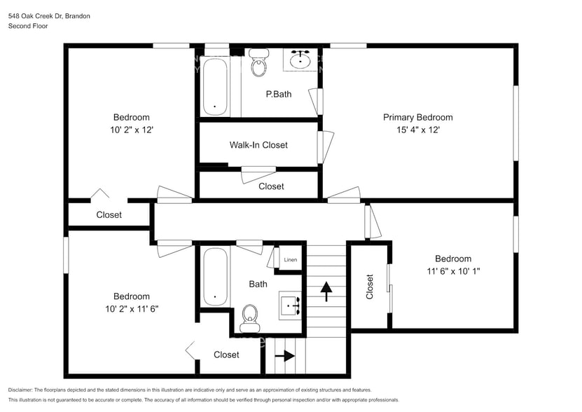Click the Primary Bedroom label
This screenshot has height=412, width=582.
[417, 117]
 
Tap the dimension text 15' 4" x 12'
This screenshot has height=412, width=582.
[417, 130]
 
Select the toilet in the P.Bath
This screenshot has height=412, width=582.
[258, 64]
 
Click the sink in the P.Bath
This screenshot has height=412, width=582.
[302, 60]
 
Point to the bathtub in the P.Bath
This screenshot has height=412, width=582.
[215, 87]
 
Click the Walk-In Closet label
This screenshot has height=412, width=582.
[258, 145]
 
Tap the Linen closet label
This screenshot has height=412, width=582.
[290, 260]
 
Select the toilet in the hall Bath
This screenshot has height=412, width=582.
[249, 319]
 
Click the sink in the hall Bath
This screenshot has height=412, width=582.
[291, 305]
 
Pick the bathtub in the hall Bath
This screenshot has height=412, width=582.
[215, 277]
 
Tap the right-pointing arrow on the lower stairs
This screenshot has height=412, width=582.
[284, 356]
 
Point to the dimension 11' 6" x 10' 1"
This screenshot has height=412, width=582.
[452, 271]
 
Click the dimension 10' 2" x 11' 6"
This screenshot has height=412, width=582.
[132, 309]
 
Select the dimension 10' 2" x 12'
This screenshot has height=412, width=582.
[132, 130]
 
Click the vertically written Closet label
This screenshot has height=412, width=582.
[370, 286]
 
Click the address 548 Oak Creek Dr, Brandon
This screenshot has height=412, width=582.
[49, 15]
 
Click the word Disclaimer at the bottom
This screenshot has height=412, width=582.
[21, 390]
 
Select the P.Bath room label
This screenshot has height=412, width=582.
[278, 94]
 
